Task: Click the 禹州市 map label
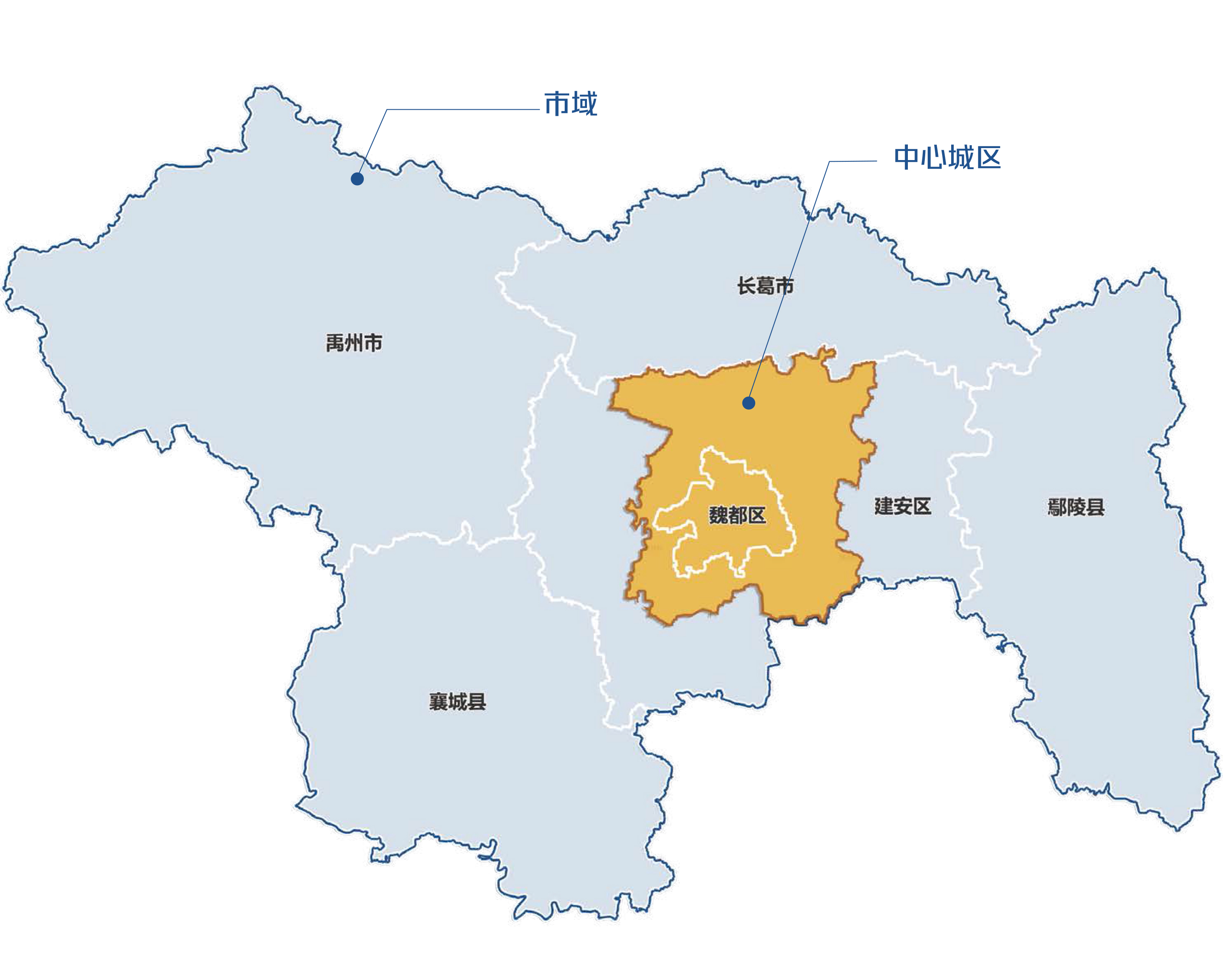click(x=354, y=343)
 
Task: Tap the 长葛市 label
click(x=765, y=286)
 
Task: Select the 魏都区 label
click(x=737, y=515)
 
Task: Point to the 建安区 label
click(x=903, y=506)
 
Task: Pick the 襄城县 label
click(x=457, y=702)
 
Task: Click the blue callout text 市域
click(x=570, y=104)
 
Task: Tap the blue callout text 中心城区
click(x=947, y=158)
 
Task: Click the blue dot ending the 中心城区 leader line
click(x=748, y=403)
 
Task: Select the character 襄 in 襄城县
click(x=438, y=702)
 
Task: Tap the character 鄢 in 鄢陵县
click(x=1057, y=507)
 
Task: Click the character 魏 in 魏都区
click(x=719, y=515)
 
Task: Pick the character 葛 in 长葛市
click(x=765, y=286)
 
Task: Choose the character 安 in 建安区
click(x=903, y=506)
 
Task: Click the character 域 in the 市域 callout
click(x=584, y=104)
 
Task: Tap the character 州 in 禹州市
click(x=354, y=343)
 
